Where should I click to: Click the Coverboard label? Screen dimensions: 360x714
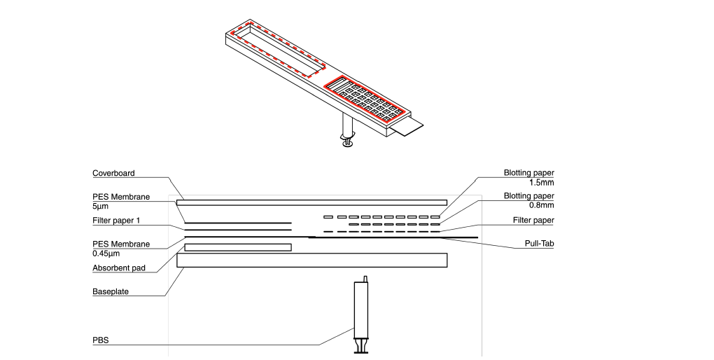pos(113,173)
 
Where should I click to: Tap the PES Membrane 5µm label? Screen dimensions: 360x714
pos(121,201)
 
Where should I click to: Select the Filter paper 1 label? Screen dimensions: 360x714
pos(117,221)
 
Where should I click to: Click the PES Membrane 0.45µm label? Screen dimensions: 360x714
pos(121,248)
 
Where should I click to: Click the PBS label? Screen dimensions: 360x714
pos(100,340)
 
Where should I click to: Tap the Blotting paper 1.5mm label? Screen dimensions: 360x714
pos(528,177)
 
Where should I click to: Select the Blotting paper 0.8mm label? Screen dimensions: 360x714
pos(528,200)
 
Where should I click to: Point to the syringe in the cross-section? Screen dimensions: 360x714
pos(361,315)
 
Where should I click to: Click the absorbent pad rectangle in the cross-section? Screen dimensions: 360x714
pos(237,247)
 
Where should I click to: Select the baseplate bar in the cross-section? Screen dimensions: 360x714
pos(311,260)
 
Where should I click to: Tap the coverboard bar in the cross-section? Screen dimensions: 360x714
pos(311,202)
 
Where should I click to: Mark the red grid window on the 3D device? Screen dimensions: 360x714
pos(364,98)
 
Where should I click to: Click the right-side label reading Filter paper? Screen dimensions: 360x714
pos(533,221)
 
